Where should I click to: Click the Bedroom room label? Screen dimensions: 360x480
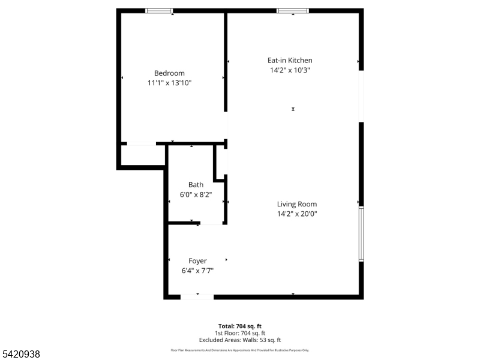[169, 73]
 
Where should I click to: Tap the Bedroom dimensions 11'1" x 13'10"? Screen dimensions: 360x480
[169, 83]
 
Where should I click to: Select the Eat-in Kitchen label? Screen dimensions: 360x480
[290, 60]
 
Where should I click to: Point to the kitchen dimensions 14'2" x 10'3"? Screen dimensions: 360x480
[290, 70]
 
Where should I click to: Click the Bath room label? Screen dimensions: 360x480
[196, 185]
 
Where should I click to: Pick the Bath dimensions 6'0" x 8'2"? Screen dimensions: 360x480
[196, 194]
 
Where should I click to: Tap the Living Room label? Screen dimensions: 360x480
[297, 204]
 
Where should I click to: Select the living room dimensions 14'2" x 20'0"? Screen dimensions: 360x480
[297, 214]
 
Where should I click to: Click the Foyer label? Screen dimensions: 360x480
[197, 261]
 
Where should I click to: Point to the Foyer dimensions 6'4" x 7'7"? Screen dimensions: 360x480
[197, 271]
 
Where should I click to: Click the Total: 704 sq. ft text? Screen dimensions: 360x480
[239, 326]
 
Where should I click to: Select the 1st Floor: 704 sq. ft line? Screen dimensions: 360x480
[239, 333]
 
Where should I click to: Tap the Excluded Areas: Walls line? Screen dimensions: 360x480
[239, 340]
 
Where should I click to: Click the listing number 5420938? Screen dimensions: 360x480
[21, 355]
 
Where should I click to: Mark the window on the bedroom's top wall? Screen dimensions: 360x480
[160, 11]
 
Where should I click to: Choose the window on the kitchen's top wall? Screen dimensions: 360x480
[293, 11]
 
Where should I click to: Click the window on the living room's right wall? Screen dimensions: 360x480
[361, 234]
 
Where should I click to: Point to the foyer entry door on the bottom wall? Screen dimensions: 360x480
[197, 296]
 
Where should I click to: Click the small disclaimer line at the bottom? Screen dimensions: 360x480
[239, 350]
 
